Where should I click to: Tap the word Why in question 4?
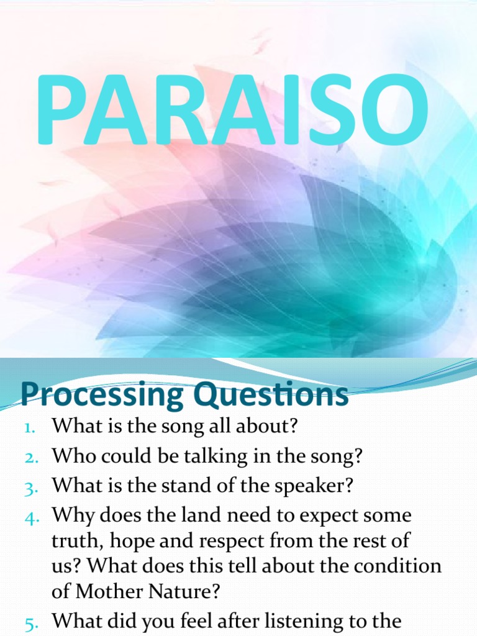point(71,516)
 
